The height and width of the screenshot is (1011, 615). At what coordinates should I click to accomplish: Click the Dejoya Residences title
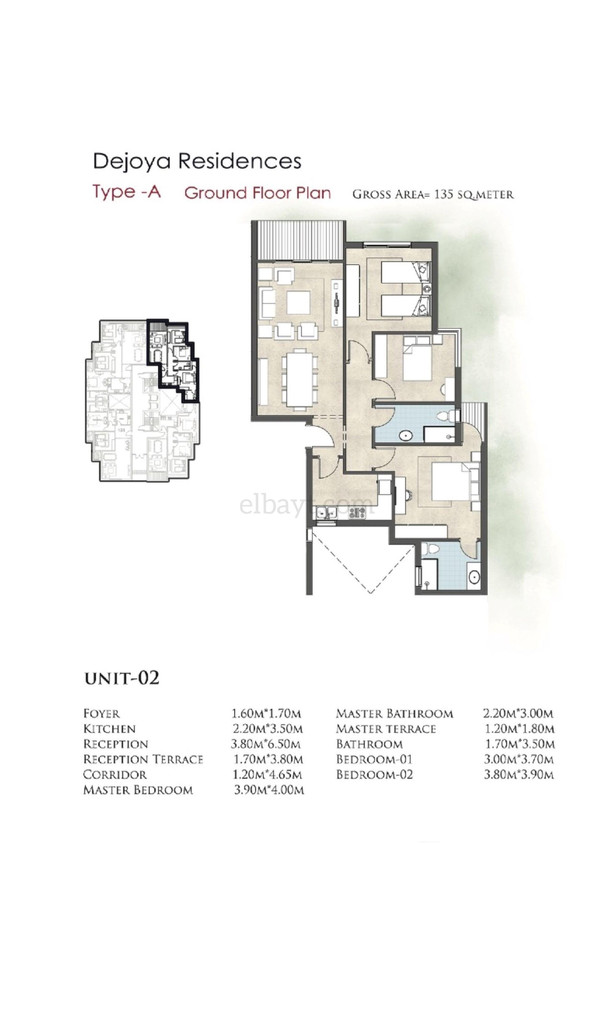[x=197, y=161]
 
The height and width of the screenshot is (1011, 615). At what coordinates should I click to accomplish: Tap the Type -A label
[x=126, y=192]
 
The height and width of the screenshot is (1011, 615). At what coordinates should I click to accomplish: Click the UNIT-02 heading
[x=121, y=678]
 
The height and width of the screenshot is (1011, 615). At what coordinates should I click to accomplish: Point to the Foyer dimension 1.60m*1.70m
[x=266, y=714]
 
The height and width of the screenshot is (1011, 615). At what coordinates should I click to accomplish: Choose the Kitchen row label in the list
[x=109, y=729]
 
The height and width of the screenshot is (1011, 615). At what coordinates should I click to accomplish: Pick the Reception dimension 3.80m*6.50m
[x=266, y=744]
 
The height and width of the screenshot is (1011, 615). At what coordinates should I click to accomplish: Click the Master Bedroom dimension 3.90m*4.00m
[x=269, y=790]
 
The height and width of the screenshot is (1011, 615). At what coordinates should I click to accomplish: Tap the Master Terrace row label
[x=386, y=729]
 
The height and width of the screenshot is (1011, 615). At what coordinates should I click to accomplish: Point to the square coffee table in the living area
[x=298, y=302]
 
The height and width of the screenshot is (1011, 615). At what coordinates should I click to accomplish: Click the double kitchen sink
[x=326, y=512]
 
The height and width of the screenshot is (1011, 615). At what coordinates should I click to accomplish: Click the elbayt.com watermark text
[x=307, y=505]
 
